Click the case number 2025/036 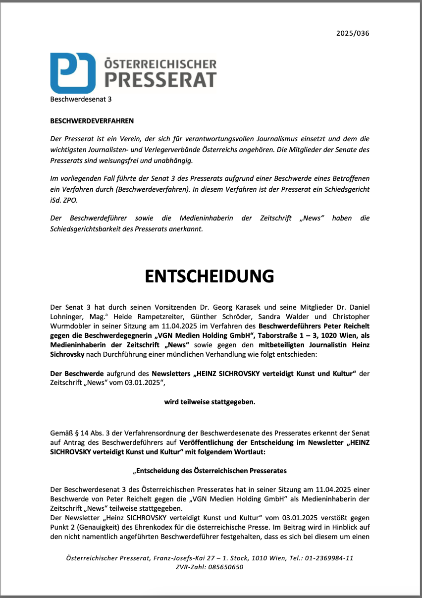(x=353, y=34)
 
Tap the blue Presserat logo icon (x=73, y=72)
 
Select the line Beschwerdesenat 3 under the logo (x=81, y=99)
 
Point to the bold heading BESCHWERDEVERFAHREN (x=92, y=121)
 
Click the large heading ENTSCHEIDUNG (x=210, y=276)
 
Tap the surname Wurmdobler (x=74, y=326)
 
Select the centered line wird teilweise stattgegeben (x=210, y=402)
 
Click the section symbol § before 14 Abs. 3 (x=81, y=434)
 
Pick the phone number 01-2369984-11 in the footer (x=330, y=558)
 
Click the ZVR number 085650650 (x=226, y=567)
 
